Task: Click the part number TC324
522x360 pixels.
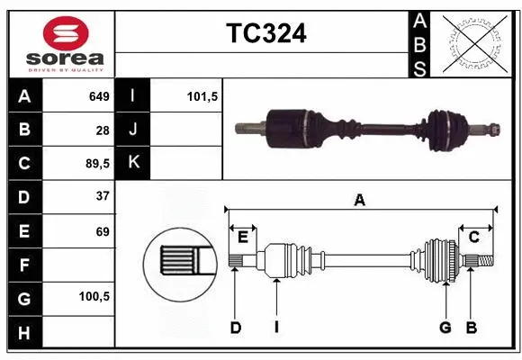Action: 265,34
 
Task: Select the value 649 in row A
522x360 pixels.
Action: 99,96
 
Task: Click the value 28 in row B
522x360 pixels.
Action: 103,130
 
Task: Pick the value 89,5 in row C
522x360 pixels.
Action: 96,164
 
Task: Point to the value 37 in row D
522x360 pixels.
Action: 103,196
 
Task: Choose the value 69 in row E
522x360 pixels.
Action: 103,231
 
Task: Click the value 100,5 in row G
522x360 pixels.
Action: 94,295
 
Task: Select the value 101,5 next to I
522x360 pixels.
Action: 203,96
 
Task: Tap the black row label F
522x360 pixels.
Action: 23,265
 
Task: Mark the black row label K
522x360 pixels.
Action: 133,164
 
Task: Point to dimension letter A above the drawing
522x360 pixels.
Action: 360,200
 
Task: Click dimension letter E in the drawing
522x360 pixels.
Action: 242,237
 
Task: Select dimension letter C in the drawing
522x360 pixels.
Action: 473,237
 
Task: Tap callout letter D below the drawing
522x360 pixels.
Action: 235,328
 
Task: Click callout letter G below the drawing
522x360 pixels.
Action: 445,328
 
